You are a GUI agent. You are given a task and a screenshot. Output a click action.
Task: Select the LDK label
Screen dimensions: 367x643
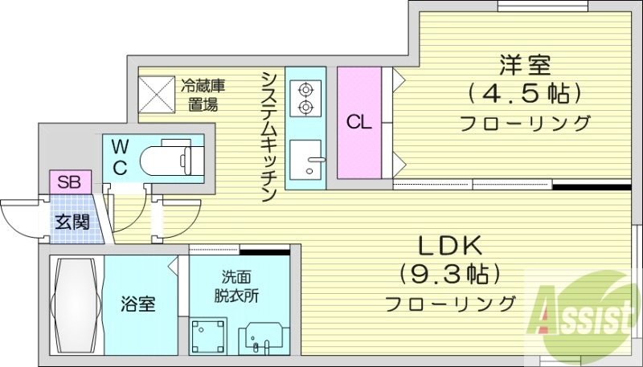(448, 245)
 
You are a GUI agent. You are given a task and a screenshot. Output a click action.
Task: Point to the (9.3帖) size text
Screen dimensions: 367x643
(448, 274)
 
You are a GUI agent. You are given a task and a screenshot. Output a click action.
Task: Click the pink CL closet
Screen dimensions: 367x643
(358, 123)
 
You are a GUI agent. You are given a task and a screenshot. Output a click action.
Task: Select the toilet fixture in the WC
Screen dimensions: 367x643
(172, 158)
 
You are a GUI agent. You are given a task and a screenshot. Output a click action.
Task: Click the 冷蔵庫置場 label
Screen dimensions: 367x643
(201, 94)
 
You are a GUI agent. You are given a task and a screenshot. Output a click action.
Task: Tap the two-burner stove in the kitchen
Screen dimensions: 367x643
(305, 97)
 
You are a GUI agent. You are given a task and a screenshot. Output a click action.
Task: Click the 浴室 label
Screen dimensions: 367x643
(137, 305)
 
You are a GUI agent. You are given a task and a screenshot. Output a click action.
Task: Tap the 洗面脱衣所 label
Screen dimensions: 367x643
(236, 287)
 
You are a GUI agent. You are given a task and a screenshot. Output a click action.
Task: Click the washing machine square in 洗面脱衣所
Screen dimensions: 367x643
(208, 335)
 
